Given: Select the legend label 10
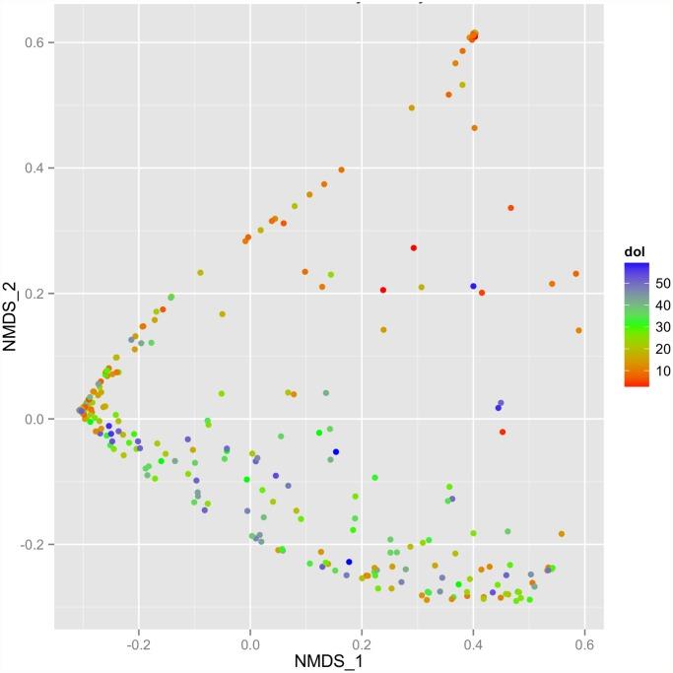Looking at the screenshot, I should pyautogui.click(x=660, y=370).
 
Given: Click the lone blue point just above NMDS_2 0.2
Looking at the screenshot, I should pyautogui.click(x=473, y=287).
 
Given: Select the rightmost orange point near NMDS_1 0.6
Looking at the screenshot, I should pyautogui.click(x=579, y=331).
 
